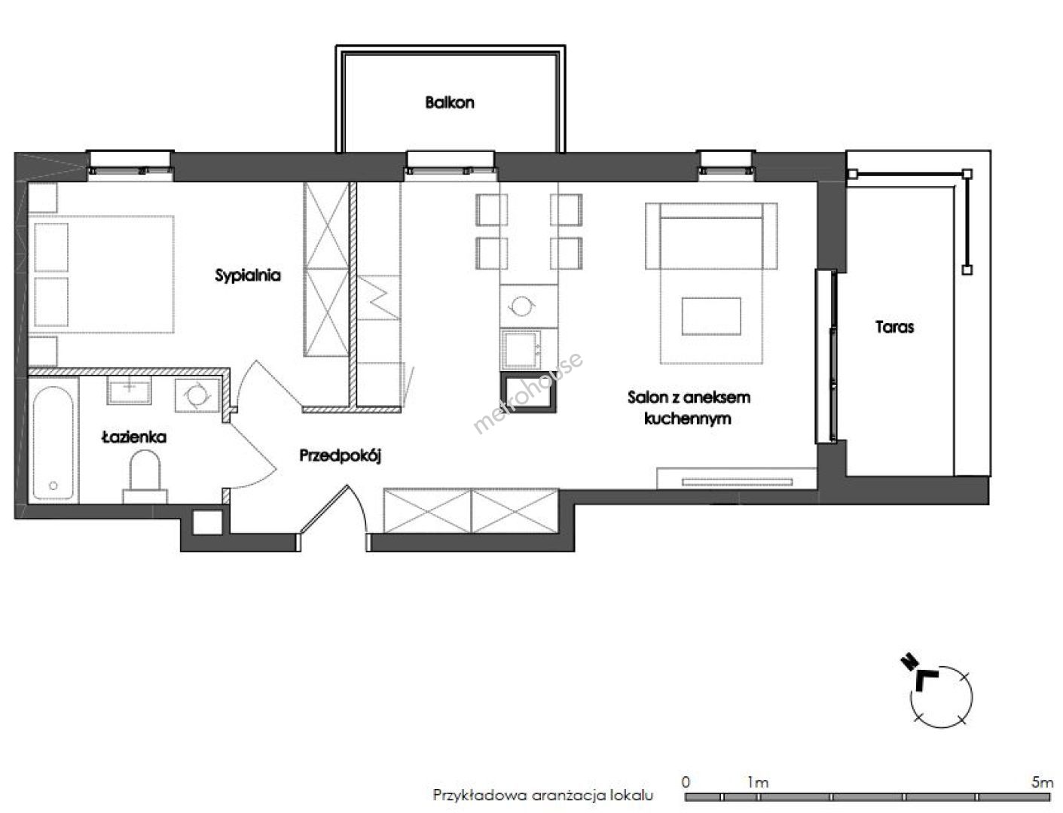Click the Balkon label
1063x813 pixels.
click(450, 102)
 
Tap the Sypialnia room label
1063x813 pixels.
click(247, 276)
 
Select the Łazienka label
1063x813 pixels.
click(134, 437)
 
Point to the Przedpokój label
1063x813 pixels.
click(340, 456)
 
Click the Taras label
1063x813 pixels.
click(894, 327)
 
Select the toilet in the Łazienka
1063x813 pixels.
click(145, 477)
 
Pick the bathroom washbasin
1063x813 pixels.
click(130, 390)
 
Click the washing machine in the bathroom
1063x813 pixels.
click(197, 395)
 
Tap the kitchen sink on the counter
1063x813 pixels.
click(521, 349)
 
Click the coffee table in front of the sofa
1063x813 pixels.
click(711, 316)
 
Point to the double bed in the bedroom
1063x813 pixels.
click(101, 274)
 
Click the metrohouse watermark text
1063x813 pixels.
click(528, 393)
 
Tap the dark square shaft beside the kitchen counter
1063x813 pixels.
click(528, 392)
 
